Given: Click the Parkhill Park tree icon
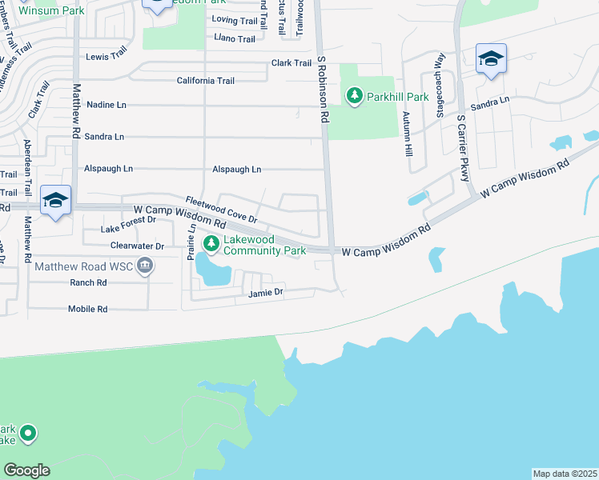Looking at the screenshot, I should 354,96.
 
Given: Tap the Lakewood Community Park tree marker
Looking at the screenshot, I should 211,243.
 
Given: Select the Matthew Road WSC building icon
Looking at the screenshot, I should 144,266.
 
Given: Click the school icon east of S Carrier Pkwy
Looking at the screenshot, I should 490,59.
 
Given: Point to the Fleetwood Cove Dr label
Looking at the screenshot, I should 221,210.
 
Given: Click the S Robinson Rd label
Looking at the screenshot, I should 323,89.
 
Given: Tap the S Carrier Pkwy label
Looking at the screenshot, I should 462,149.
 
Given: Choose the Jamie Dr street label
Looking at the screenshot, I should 267,293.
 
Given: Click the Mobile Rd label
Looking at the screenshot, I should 87,309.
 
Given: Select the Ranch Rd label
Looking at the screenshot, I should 88,282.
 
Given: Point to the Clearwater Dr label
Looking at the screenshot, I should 137,246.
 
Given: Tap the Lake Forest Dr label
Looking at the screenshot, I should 128,225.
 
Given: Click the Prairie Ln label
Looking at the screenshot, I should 192,238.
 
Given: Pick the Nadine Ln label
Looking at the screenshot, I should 107,105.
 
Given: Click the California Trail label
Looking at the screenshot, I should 205,81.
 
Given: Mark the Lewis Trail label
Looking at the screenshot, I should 107,56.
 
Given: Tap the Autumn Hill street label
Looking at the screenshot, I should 408,131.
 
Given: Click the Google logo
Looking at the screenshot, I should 26,470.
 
